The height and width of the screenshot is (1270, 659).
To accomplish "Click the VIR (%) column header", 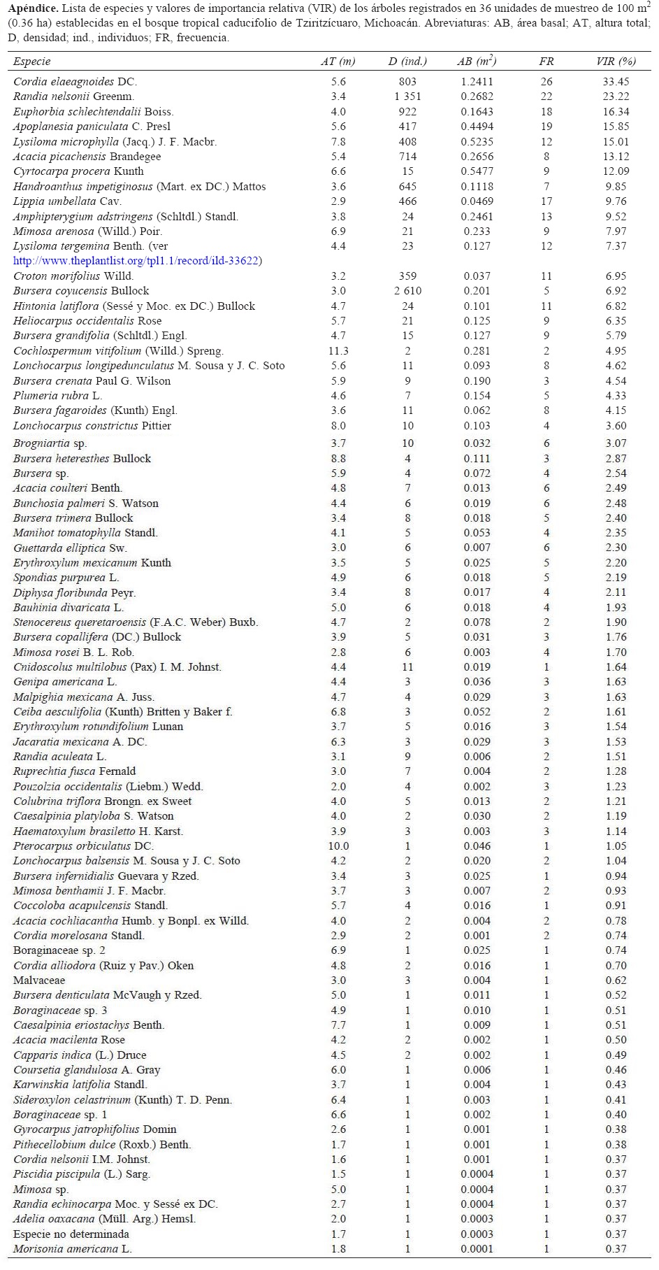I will coord(616,62).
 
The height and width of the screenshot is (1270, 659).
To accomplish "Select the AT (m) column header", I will coord(338,62).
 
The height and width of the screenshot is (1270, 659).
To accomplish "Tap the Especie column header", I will coord(32,62).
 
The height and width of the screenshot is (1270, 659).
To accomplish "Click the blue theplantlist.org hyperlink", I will coord(137,261).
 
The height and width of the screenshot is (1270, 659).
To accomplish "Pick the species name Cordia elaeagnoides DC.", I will coord(75,82).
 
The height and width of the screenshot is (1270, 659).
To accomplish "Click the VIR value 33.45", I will coord(616,82).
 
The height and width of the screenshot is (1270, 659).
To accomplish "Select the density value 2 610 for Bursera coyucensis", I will coord(407,291).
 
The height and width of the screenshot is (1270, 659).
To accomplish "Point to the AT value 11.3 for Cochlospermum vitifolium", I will coord(338,351).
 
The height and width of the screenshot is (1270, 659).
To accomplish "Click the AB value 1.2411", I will coord(477,82).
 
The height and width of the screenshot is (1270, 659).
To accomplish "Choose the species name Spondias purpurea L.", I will coord(66,578).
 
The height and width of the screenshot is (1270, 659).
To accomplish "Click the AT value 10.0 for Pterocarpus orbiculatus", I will coord(338,846).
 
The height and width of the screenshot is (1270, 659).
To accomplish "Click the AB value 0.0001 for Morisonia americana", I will coord(477,1249).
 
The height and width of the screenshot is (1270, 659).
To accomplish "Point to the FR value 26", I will coord(546,82).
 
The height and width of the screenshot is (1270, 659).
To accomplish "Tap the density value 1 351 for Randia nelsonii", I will coord(407,97).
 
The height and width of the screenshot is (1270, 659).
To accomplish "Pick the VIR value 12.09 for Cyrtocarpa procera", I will coord(616,171).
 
